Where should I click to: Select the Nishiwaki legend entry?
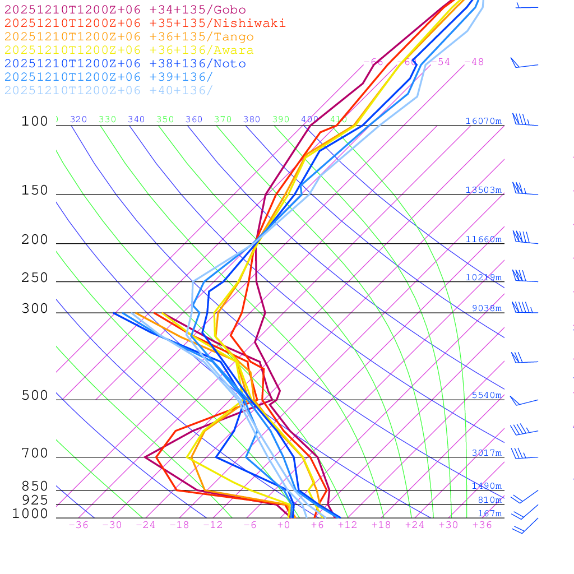point(145,23)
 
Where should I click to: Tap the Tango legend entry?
point(129,37)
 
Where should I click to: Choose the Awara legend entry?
point(129,50)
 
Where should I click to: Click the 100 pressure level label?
point(35,122)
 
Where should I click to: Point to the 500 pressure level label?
point(35,396)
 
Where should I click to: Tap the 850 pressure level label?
point(35,487)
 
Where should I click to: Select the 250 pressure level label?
point(35,278)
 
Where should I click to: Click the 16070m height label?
point(484,121)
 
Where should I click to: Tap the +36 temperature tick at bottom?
point(482,525)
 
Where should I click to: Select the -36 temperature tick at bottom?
point(78,525)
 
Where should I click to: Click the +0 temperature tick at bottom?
point(284,525)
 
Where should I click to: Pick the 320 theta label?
point(78,119)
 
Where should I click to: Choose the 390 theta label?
point(281,119)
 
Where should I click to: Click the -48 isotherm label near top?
point(474,62)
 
